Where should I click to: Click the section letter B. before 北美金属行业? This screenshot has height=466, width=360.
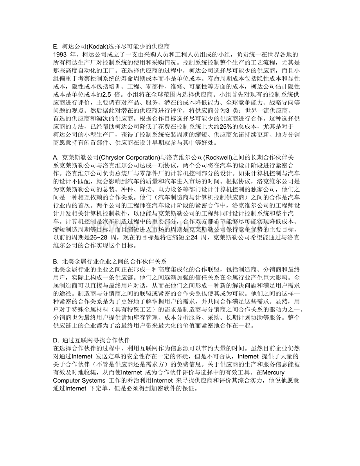55,261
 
